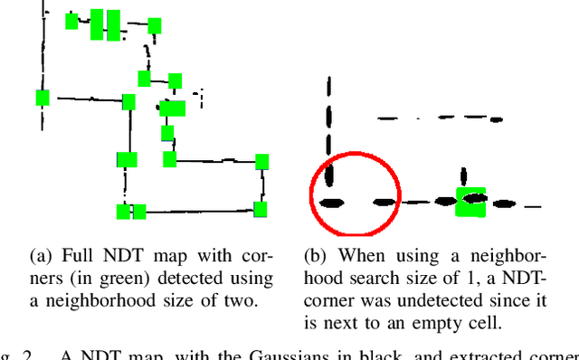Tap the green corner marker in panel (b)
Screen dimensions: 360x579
470,202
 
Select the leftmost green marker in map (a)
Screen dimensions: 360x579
42,98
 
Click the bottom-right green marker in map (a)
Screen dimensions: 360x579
261,210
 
